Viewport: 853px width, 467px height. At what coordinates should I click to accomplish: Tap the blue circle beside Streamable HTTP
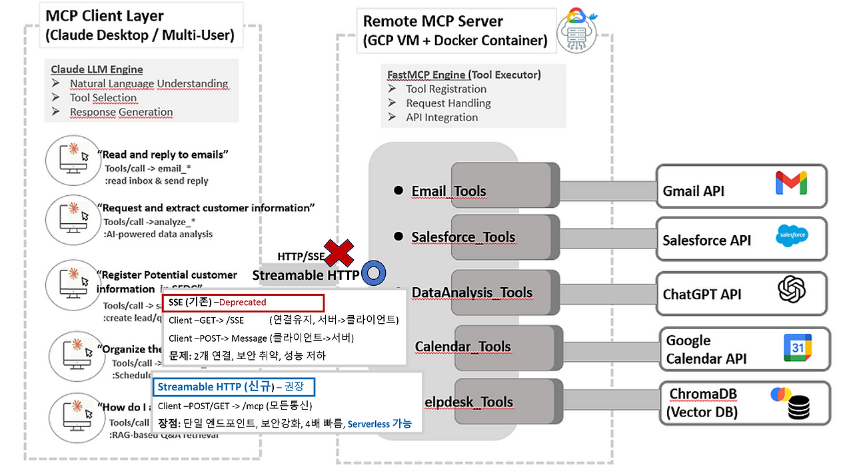click(x=373, y=273)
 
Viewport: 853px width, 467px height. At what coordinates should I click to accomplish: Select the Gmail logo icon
click(x=791, y=183)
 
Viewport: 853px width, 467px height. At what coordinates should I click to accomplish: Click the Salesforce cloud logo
click(x=792, y=235)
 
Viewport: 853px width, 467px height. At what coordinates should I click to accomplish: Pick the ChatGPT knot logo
click(x=792, y=290)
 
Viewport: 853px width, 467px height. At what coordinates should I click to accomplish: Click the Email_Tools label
click(x=448, y=192)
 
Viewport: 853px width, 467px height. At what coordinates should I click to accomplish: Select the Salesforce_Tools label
click(x=463, y=237)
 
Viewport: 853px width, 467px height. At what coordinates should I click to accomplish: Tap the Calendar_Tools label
click(x=462, y=346)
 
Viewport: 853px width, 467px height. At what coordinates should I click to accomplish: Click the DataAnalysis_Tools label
click(x=472, y=292)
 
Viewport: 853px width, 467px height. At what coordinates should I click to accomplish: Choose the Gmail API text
click(x=693, y=191)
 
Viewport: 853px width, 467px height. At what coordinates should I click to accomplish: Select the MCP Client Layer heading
click(x=105, y=16)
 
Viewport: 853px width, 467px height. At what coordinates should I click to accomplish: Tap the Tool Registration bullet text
click(x=446, y=89)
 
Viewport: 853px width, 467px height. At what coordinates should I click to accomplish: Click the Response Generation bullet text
click(x=121, y=112)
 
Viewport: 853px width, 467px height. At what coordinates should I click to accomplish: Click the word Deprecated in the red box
click(x=241, y=302)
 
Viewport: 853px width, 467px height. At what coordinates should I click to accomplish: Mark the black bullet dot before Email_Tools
click(x=399, y=191)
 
